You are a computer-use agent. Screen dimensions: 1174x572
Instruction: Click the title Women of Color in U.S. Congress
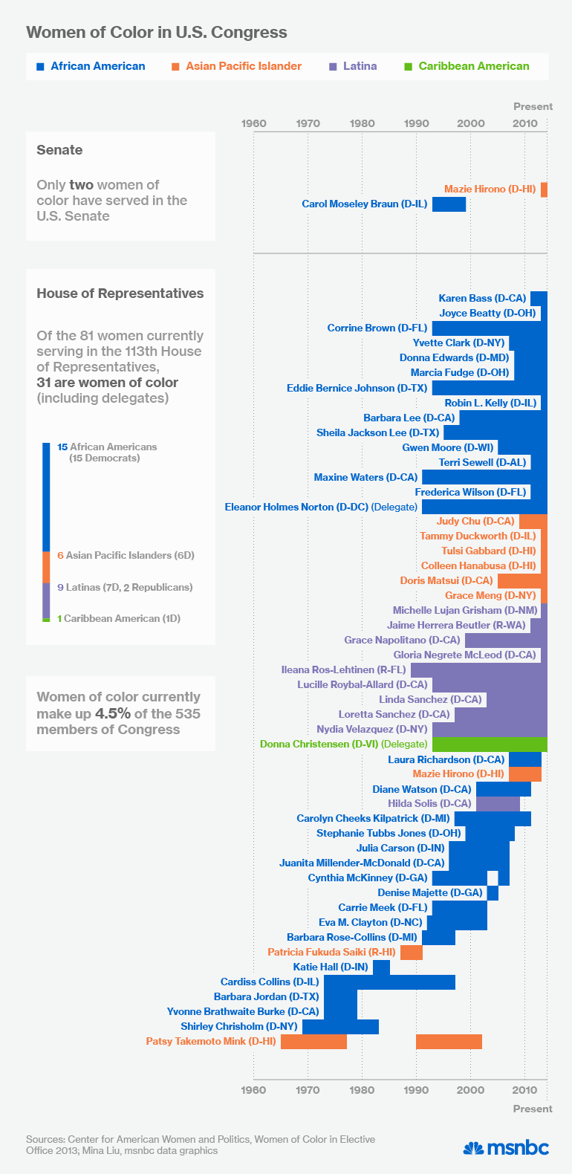(x=156, y=33)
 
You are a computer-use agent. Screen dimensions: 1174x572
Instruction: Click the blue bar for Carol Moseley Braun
(x=449, y=204)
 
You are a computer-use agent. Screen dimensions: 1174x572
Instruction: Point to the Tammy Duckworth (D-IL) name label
(x=478, y=536)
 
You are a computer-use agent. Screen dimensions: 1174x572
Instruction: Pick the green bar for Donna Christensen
(x=490, y=744)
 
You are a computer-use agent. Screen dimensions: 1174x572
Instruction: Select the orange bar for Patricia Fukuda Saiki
(x=412, y=952)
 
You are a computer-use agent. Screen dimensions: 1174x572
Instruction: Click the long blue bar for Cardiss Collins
(x=389, y=982)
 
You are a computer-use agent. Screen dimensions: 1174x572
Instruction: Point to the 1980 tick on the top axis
(x=363, y=123)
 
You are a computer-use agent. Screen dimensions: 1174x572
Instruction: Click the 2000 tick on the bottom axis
(x=470, y=1089)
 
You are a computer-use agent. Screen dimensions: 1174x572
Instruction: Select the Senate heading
(x=59, y=150)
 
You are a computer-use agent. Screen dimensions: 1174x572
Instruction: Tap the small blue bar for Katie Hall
(x=381, y=967)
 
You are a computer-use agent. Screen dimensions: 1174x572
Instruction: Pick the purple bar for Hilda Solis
(x=498, y=803)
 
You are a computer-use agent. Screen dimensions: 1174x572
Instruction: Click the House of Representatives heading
(x=120, y=293)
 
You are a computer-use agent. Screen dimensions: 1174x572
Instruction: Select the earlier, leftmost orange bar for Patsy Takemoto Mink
(x=313, y=1041)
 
